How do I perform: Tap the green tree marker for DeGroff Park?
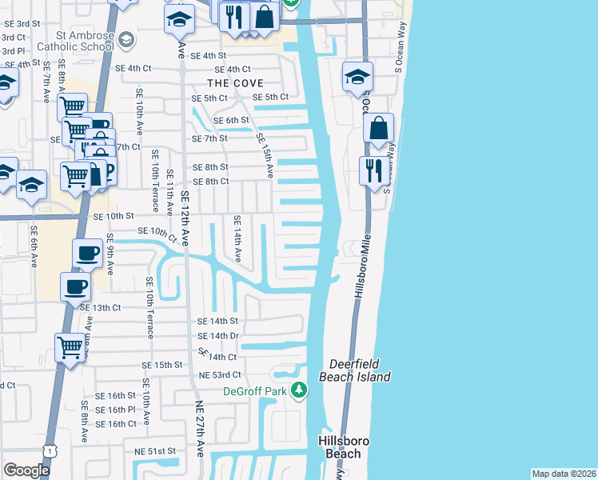click(299, 390)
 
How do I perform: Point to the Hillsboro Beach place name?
click(344, 447)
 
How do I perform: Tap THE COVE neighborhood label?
click(235, 83)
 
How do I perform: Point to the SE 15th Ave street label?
click(265, 155)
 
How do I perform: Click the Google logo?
click(26, 470)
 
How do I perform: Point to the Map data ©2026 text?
click(564, 474)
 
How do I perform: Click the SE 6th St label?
click(232, 120)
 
